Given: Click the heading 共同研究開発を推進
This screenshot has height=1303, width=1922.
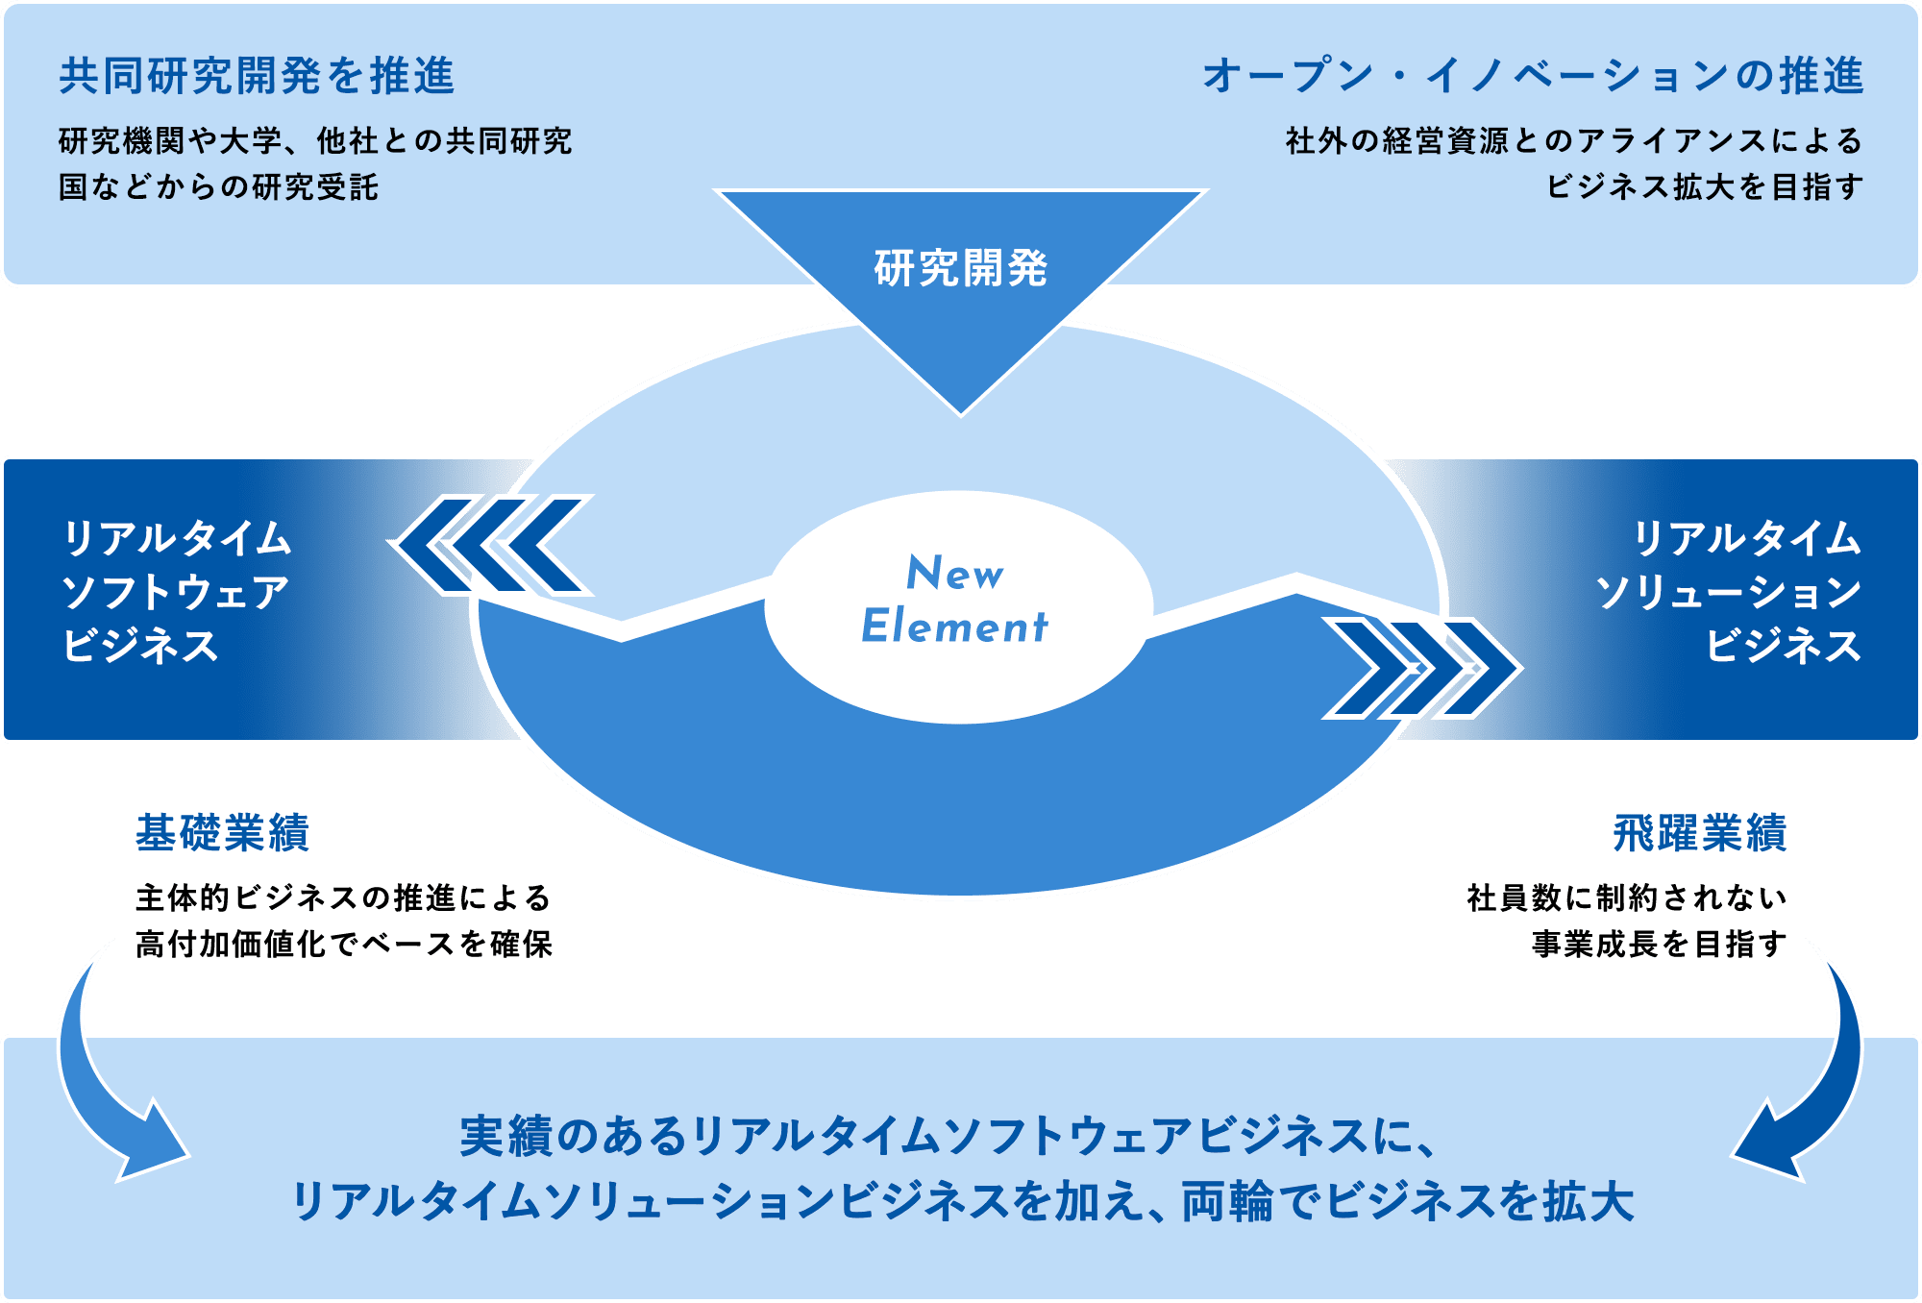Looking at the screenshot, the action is [x=257, y=76].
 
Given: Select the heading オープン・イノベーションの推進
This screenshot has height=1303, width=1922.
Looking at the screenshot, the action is [x=1533, y=76].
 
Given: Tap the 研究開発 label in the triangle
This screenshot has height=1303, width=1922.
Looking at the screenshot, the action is [x=960, y=268].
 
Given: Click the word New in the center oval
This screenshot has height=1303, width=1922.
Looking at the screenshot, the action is [x=955, y=573].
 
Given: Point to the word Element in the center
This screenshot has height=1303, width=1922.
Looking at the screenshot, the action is [x=954, y=626].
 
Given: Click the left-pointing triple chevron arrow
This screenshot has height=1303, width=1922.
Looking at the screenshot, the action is [x=491, y=545].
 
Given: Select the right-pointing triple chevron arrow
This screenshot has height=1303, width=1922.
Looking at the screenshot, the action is [x=1422, y=668].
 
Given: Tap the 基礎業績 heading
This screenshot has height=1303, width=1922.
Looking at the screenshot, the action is [x=222, y=833].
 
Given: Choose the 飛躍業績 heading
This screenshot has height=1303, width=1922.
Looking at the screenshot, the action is [x=1700, y=833].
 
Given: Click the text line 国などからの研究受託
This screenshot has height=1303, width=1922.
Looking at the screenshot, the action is [x=219, y=187].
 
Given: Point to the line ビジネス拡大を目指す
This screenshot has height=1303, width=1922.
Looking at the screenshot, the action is [x=1705, y=187].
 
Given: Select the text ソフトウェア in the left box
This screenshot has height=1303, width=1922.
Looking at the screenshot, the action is [x=175, y=592].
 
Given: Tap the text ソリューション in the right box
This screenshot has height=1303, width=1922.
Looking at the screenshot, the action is [x=1729, y=592].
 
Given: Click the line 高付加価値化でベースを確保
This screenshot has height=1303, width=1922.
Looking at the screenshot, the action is [x=344, y=945].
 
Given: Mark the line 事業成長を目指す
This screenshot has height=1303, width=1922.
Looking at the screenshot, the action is [x=1660, y=945].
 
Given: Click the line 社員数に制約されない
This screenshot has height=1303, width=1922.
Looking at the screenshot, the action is [x=1627, y=898].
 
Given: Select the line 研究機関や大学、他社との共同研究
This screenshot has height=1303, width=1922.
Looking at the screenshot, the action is [x=315, y=141].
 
